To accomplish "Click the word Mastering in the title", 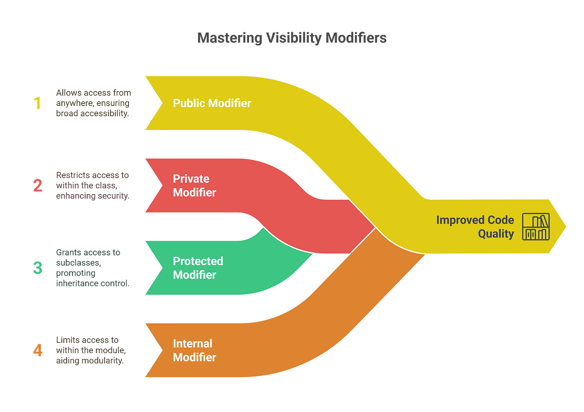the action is tap(229, 38).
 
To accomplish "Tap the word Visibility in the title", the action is tap(294, 38).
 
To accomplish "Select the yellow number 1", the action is tap(37, 103).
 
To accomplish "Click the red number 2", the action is tap(37, 185).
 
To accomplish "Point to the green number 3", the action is tap(37, 268).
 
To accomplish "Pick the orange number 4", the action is tap(37, 350).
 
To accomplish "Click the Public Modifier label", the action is tap(212, 103).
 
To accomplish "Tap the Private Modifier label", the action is tap(195, 185).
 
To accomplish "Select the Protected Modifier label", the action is tap(198, 268).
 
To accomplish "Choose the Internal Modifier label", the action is tap(195, 350).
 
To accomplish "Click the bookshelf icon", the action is tap(536, 227).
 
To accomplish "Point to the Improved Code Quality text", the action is tap(475, 227).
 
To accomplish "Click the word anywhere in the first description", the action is tap(75, 103).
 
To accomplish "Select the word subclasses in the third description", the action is tap(78, 263).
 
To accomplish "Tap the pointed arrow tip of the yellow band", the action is tap(566, 227).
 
